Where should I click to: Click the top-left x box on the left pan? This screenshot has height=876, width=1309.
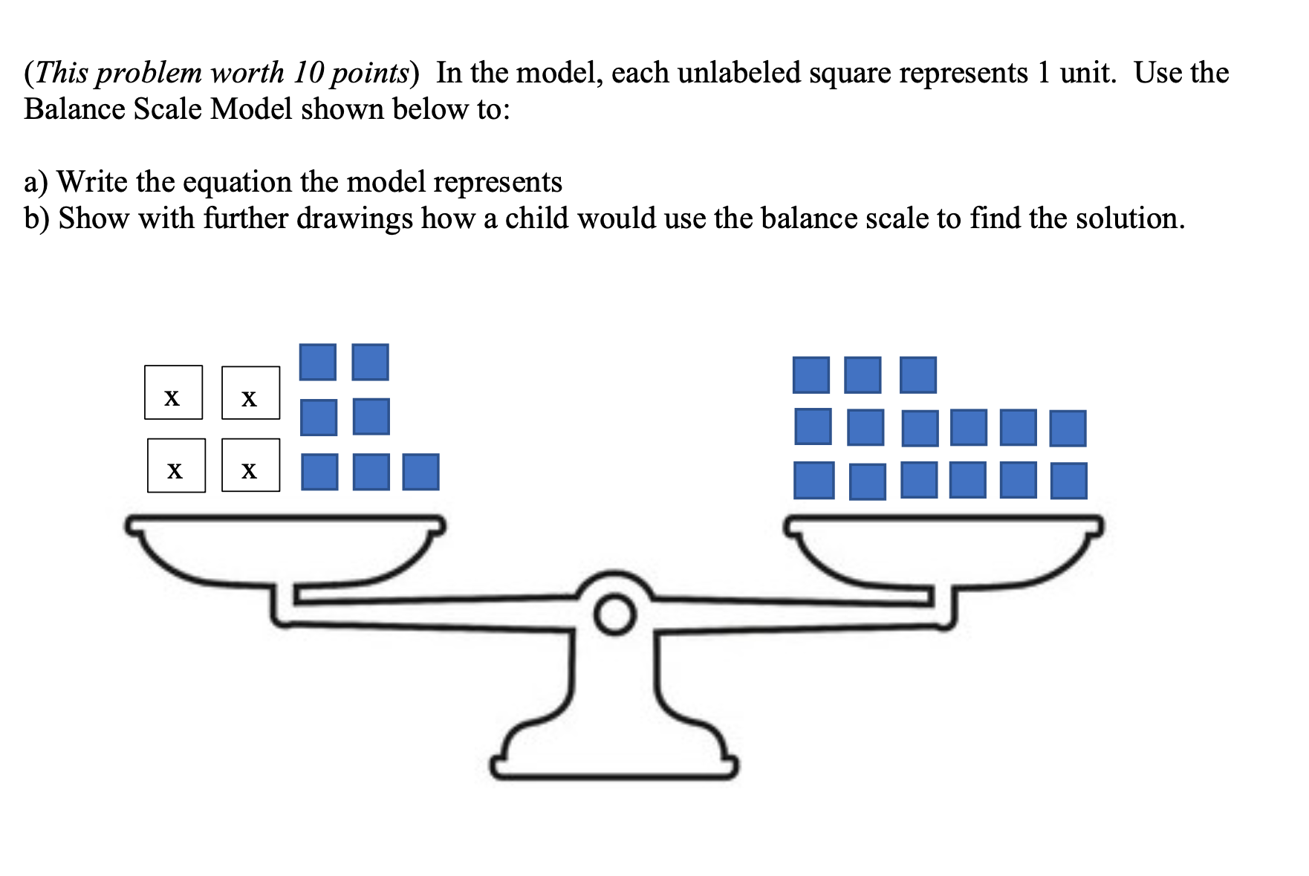click(x=173, y=392)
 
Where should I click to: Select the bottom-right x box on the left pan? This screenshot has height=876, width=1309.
click(x=250, y=465)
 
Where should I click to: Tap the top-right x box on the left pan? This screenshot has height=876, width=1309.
click(x=250, y=393)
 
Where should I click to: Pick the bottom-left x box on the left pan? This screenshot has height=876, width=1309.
click(x=176, y=466)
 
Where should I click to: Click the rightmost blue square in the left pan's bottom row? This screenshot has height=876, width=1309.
click(x=420, y=473)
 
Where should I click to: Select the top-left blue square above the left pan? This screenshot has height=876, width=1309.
click(x=317, y=362)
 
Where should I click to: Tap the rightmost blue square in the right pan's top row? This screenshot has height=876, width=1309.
click(x=917, y=375)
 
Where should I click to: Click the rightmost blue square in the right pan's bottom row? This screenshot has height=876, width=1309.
click(x=1068, y=481)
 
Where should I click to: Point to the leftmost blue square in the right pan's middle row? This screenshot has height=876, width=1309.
click(x=813, y=426)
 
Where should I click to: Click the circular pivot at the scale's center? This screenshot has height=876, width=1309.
click(x=615, y=615)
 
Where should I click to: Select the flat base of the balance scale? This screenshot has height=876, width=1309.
click(x=614, y=767)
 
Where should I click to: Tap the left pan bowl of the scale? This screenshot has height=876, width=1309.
click(x=286, y=550)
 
